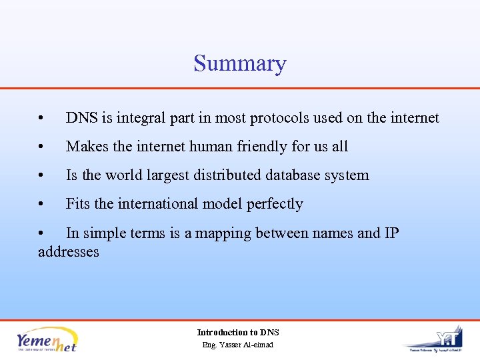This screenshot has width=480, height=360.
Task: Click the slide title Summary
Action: (240, 64)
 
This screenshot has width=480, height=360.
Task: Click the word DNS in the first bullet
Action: (81, 118)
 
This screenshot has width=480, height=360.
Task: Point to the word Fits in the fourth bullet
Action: (77, 204)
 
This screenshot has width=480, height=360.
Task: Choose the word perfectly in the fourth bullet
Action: (275, 204)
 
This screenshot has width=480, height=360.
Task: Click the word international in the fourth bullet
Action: (163, 204)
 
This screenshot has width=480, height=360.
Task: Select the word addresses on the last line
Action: (69, 252)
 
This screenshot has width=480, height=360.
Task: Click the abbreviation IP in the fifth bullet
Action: (391, 233)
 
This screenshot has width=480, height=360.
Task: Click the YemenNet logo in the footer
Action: (47, 339)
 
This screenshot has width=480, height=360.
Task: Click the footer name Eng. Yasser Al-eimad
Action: (238, 345)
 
